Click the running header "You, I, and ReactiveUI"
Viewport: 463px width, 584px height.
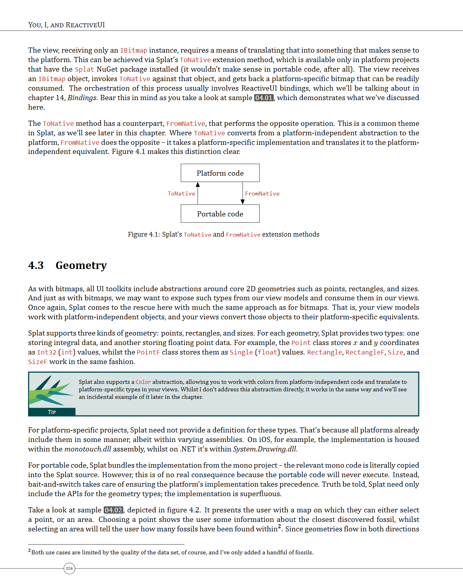pos(66,25)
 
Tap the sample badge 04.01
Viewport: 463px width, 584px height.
pos(264,98)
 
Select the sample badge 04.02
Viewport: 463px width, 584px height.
pos(114,510)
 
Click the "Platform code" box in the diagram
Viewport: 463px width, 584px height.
pos(220,173)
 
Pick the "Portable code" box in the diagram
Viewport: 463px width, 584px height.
pos(220,214)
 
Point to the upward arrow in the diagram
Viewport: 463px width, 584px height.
pos(198,193)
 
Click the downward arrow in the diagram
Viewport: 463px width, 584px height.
pos(243,193)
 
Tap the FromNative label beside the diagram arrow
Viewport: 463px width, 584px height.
pos(262,193)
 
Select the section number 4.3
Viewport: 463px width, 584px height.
pos(36,265)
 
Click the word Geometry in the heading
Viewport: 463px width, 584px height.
pos(81,265)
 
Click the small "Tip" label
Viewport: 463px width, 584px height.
pos(52,412)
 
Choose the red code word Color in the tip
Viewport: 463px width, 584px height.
pos(143,382)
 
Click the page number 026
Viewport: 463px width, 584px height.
pos(69,569)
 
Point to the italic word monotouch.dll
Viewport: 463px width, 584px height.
pos(88,449)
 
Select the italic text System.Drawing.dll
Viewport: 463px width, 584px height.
pos(265,449)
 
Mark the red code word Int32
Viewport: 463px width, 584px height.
pos(47,352)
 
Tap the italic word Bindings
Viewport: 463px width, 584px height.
pos(82,98)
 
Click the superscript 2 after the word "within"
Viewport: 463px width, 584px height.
pos(279,527)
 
